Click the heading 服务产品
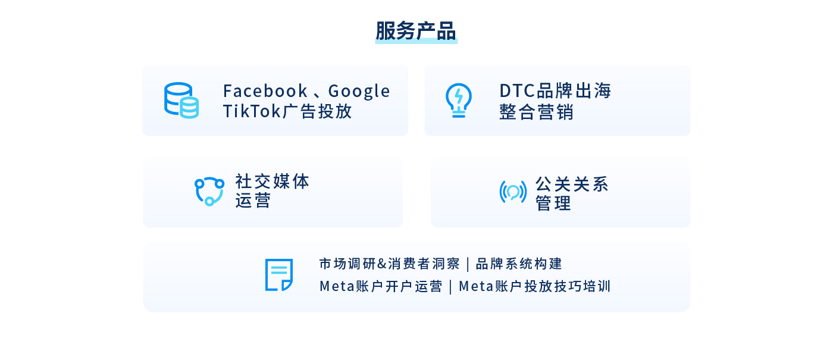point(416,30)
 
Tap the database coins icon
point(181,101)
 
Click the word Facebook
point(265,91)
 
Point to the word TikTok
point(251,111)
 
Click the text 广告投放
point(317,111)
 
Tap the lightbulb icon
point(459,101)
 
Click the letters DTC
point(517,90)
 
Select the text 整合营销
point(536,112)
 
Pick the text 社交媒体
point(272,181)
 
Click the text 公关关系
point(572,184)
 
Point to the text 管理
point(553,204)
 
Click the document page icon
point(279,275)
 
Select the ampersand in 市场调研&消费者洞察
point(382,264)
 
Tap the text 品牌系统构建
point(519,264)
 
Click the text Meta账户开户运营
point(381,286)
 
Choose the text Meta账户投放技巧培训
point(535,286)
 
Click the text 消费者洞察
point(424,264)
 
